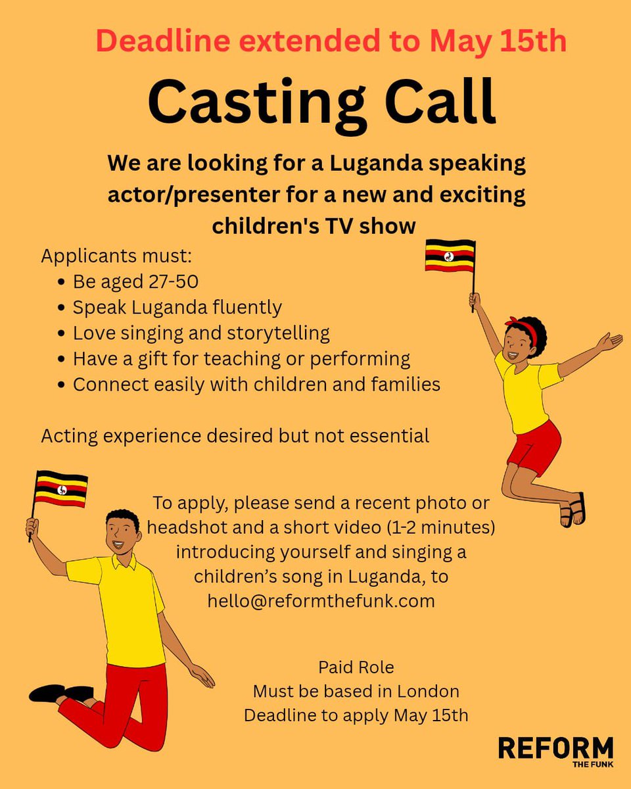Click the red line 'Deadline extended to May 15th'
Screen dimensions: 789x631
(331, 41)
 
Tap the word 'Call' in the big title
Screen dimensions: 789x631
(433, 100)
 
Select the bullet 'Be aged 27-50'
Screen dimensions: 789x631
(135, 281)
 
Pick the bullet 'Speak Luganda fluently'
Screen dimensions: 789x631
(177, 307)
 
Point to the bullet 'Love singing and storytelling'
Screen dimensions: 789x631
(200, 333)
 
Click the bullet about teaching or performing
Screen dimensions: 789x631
(241, 358)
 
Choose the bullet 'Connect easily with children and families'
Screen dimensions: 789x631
(256, 384)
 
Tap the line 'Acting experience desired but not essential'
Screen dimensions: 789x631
(235, 435)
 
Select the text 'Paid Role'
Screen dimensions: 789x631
(356, 667)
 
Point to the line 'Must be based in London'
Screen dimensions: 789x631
(356, 691)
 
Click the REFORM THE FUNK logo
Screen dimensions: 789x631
(555, 751)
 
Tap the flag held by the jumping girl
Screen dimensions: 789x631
(450, 256)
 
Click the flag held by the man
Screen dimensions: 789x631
(61, 489)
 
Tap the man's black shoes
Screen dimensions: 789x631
(59, 692)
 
